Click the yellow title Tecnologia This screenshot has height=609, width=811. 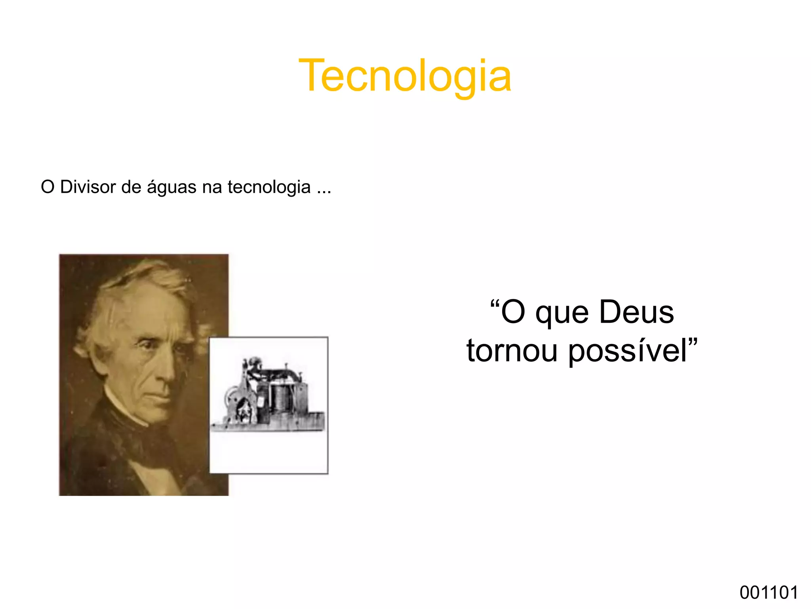pyautogui.click(x=405, y=75)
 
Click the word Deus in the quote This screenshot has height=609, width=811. pyautogui.click(x=636, y=312)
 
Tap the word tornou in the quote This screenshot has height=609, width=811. pyautogui.click(x=512, y=351)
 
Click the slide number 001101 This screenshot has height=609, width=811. pyautogui.click(x=769, y=593)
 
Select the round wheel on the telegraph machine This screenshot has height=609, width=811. pyautogui.click(x=232, y=396)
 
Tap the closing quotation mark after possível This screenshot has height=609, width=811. pyautogui.click(x=693, y=342)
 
